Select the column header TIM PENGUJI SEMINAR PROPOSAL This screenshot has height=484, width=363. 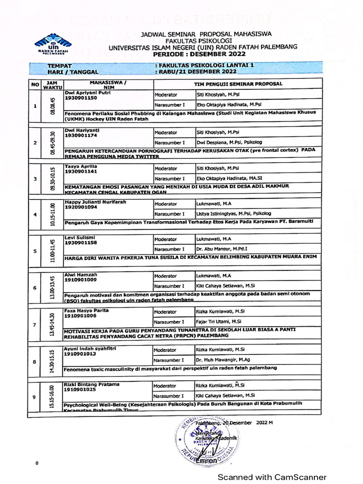click(238, 84)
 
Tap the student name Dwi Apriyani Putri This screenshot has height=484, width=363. click(84, 93)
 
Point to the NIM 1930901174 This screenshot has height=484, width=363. click(81, 135)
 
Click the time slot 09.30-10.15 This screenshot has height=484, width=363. click(53, 179)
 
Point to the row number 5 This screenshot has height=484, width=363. click(35, 251)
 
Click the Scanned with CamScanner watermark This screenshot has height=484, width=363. click(271, 477)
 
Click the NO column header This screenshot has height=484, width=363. click(35, 85)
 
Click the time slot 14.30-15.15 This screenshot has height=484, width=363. click(53, 362)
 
